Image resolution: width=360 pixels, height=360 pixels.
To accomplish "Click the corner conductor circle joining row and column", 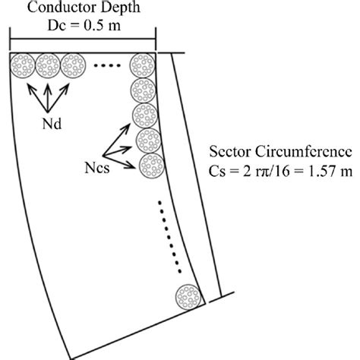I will pyautogui.click(x=142, y=65).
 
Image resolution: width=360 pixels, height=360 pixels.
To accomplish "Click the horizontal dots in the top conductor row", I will pyautogui.click(x=107, y=66).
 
